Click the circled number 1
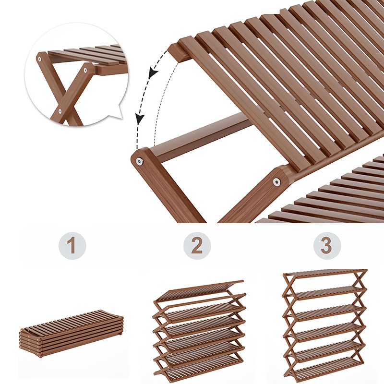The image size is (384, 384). (72, 246)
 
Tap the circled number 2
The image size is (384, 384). (197, 246)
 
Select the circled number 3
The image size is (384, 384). (327, 246)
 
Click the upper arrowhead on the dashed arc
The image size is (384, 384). (153, 73)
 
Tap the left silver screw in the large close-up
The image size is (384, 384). (140, 161)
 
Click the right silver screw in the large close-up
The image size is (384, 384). (277, 181)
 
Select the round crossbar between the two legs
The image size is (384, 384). (201, 137)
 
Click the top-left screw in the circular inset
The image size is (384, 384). (39, 59)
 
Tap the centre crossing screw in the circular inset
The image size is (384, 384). (60, 111)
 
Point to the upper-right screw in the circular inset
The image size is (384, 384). (85, 70)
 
